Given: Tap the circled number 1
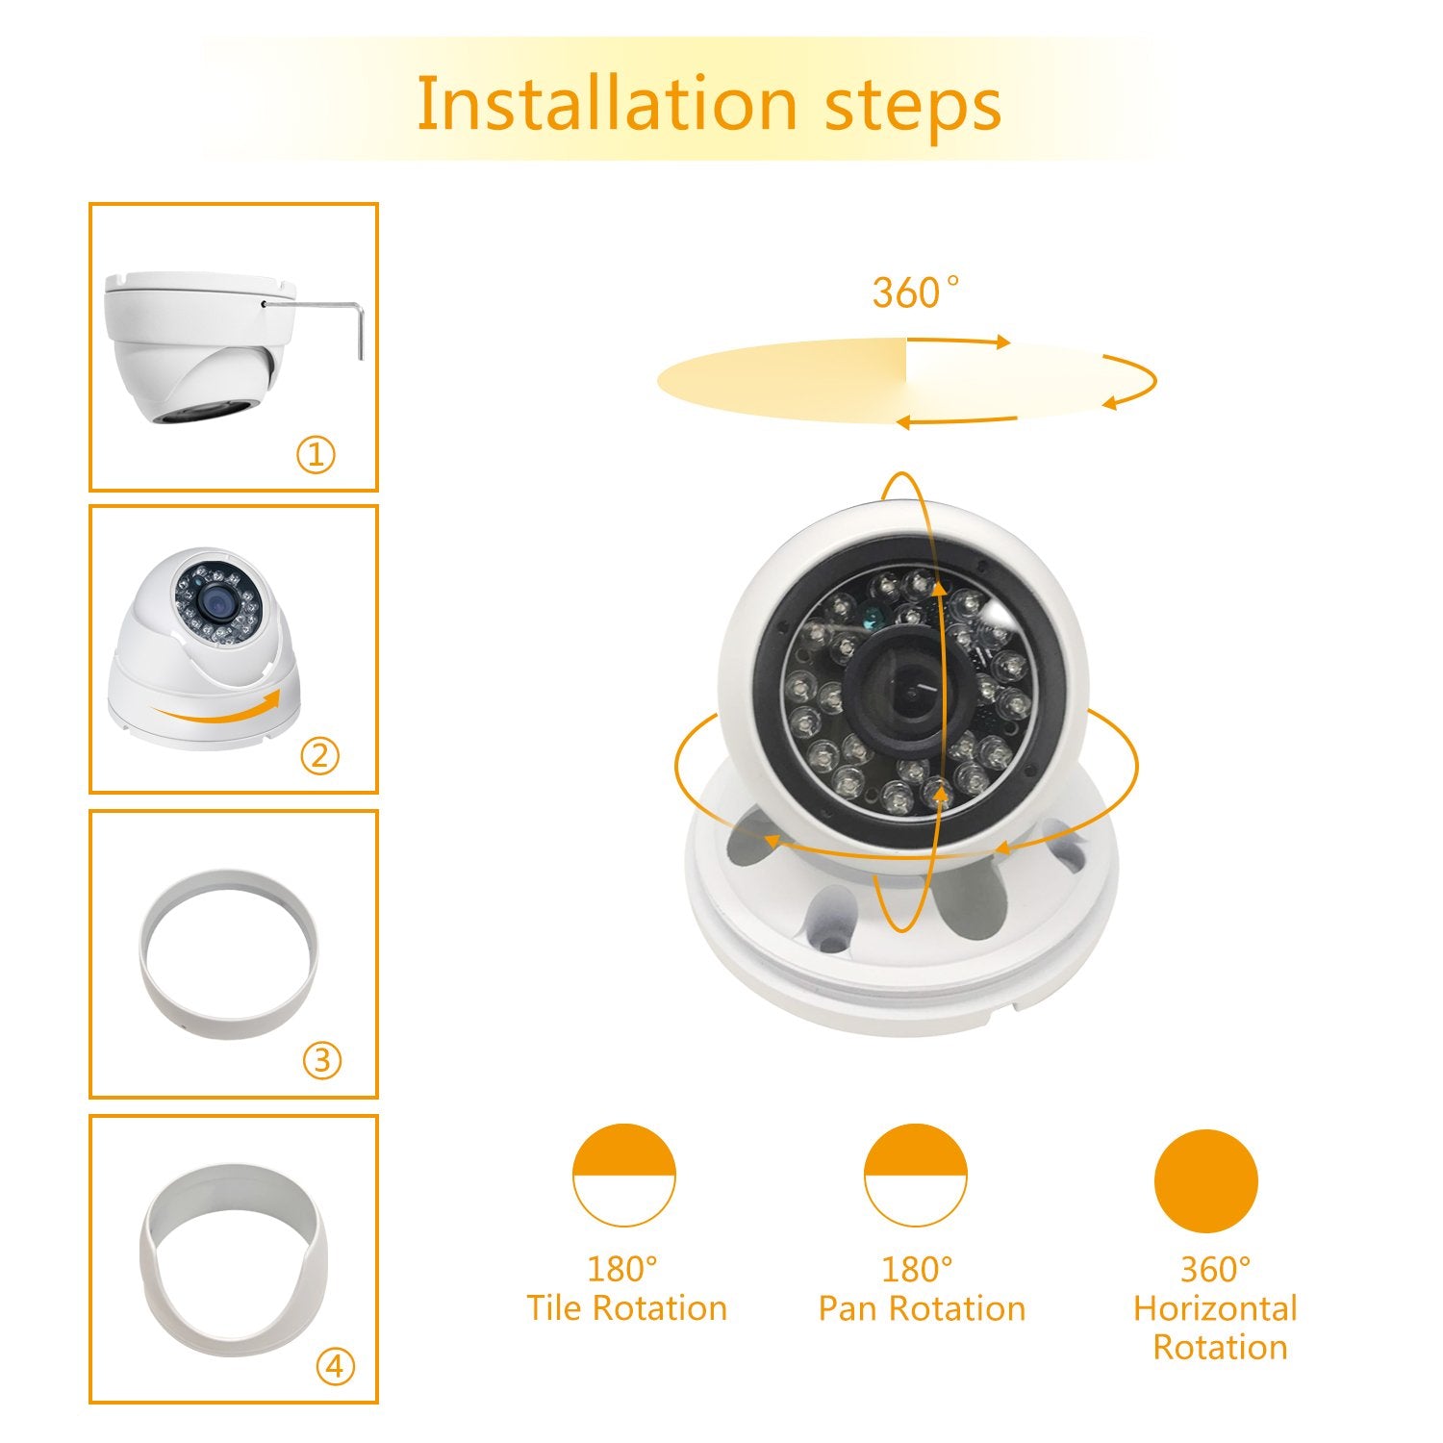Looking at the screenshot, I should pyautogui.click(x=316, y=454).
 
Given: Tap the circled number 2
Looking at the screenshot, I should pyautogui.click(x=319, y=756).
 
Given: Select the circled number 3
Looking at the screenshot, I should pyautogui.click(x=322, y=1060).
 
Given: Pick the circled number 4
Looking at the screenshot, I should pyautogui.click(x=335, y=1366).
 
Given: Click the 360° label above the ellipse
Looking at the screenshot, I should pyautogui.click(x=915, y=292).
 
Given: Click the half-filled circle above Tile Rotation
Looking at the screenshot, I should pyautogui.click(x=624, y=1175).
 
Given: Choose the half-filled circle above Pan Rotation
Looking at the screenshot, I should pyautogui.click(x=915, y=1175).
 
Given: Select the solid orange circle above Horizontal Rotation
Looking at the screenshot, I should pyautogui.click(x=1205, y=1180).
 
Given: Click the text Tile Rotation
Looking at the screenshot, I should pyautogui.click(x=626, y=1308).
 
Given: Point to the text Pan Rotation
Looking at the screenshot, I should pyautogui.click(x=922, y=1308).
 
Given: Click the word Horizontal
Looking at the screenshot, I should pyautogui.click(x=1215, y=1308).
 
